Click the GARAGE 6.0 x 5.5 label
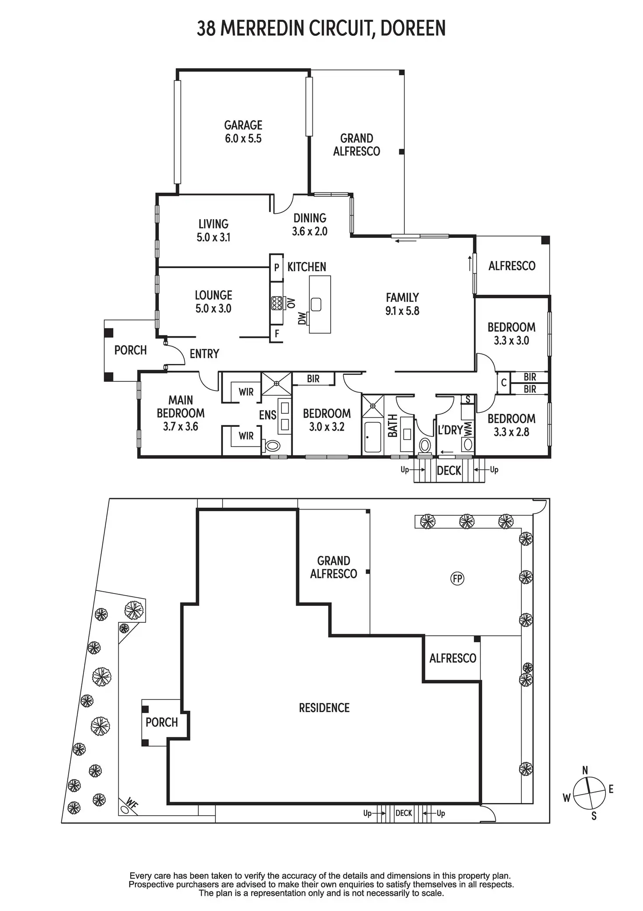(x=243, y=132)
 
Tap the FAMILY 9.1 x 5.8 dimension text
(x=402, y=304)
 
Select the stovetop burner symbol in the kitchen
(x=277, y=303)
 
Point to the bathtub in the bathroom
(x=373, y=436)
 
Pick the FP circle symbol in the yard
(x=457, y=579)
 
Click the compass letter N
(x=585, y=770)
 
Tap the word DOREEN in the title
(x=413, y=28)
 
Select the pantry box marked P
(x=277, y=267)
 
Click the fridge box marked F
(x=277, y=334)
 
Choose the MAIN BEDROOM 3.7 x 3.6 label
(x=180, y=413)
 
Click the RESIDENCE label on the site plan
(x=324, y=708)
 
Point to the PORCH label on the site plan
(x=162, y=722)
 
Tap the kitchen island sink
(x=316, y=304)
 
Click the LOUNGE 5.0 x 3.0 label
(x=214, y=302)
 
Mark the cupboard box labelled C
(x=504, y=383)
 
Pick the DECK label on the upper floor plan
(x=449, y=471)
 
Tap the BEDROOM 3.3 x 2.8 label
(x=512, y=425)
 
